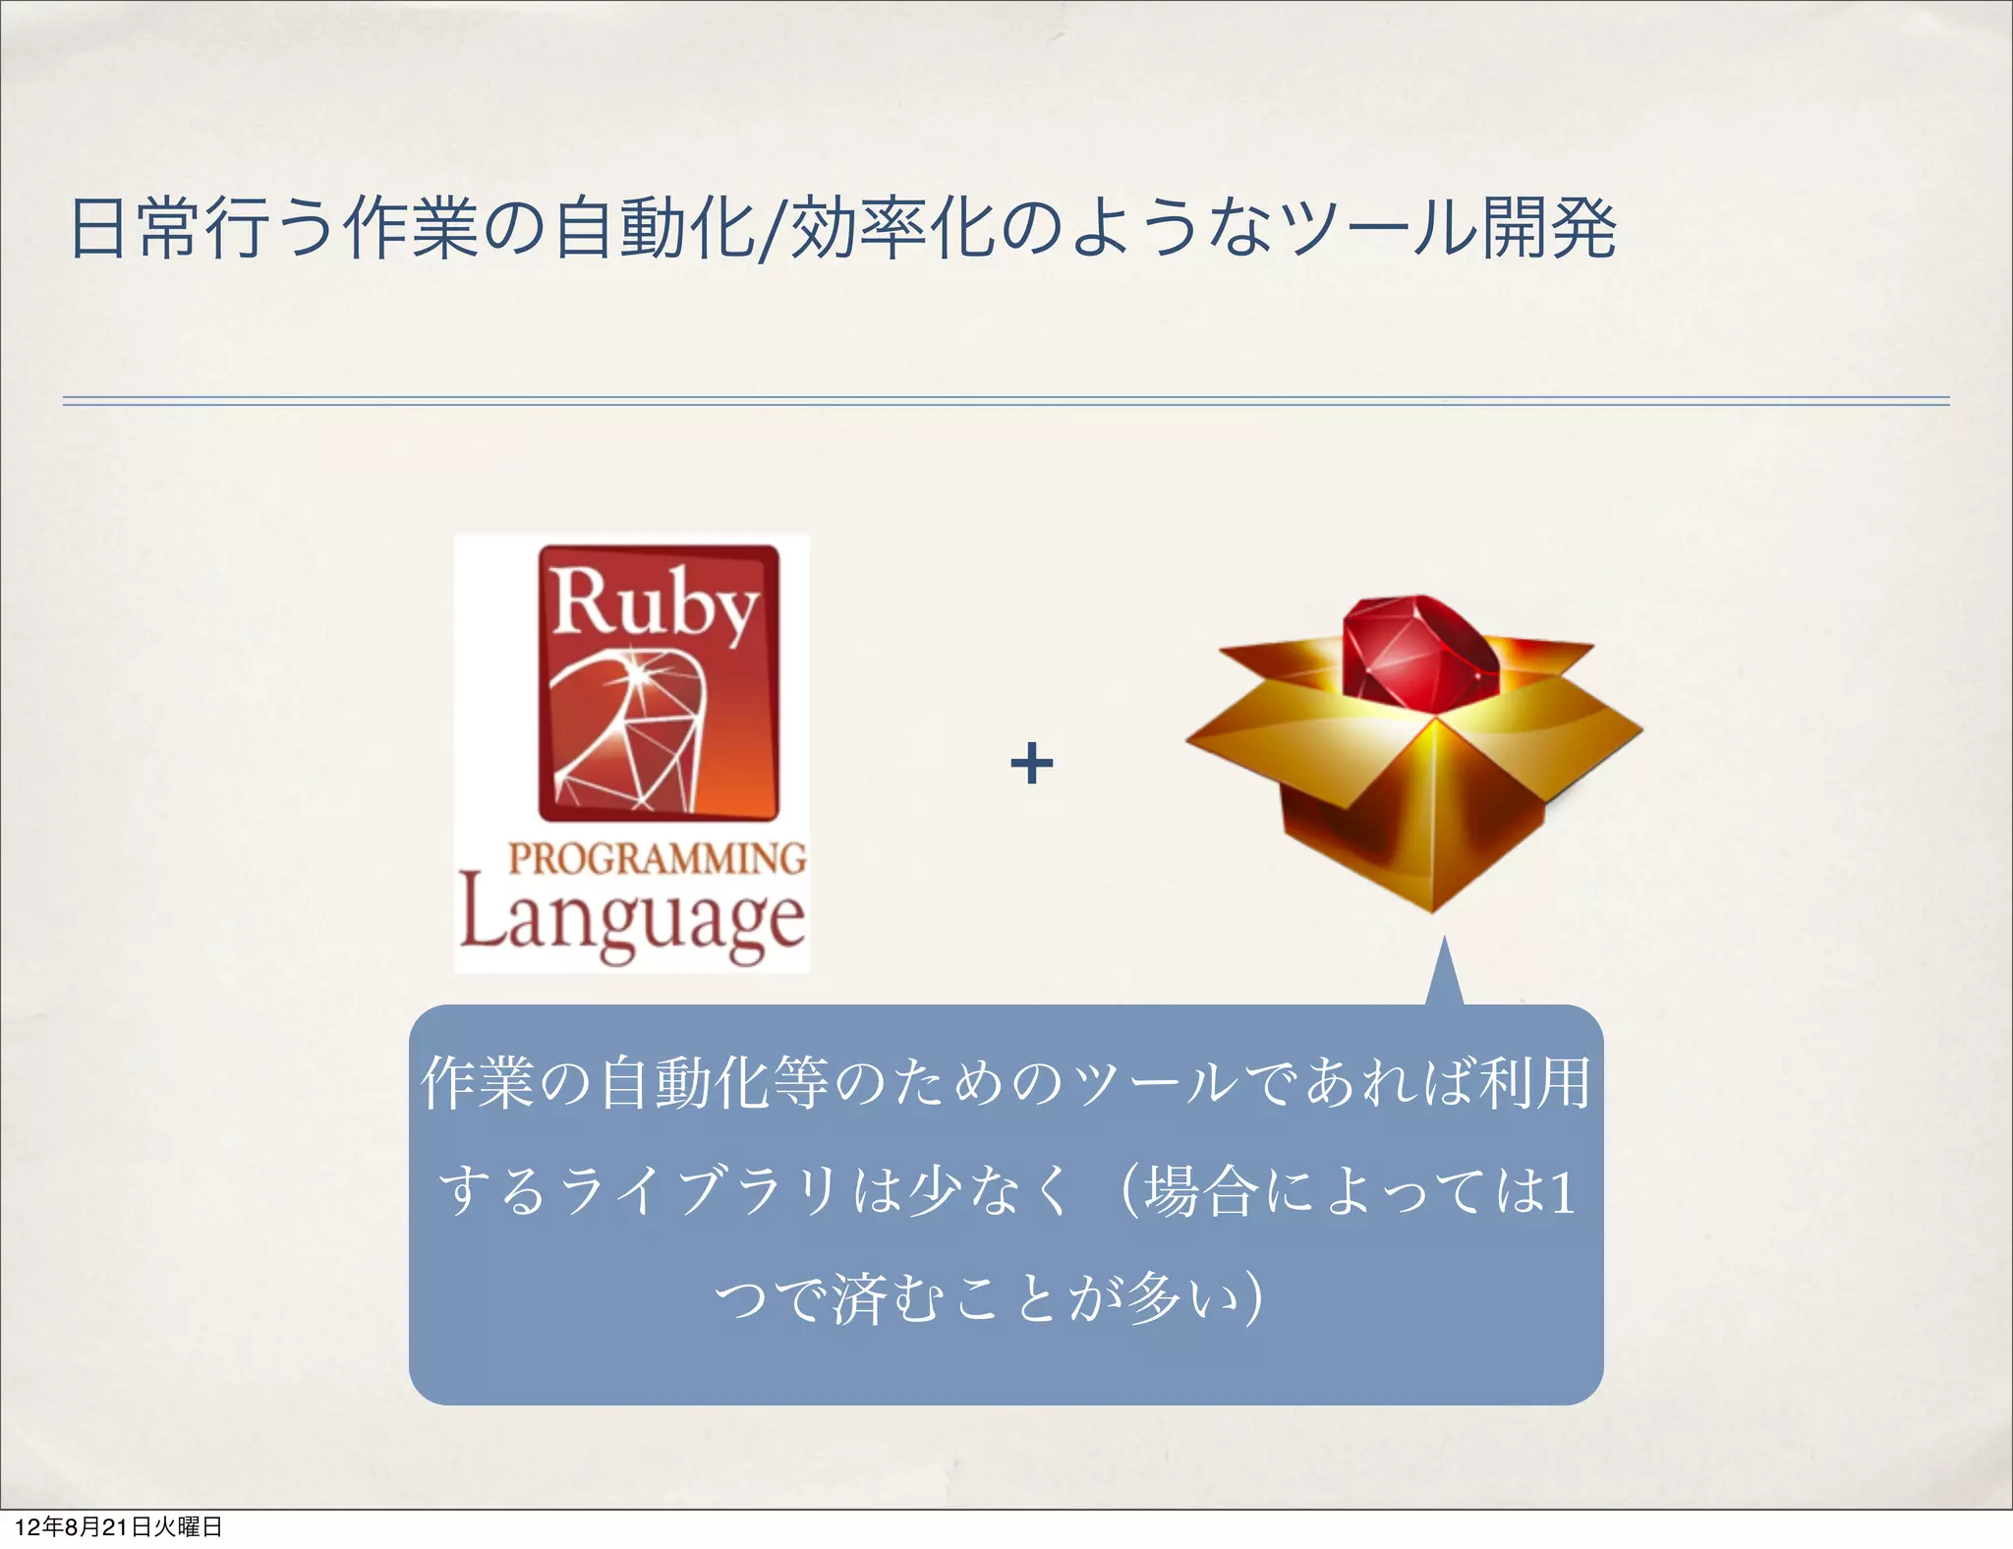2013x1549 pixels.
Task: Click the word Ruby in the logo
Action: coord(655,602)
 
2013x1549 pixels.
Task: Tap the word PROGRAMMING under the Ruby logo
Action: coord(657,858)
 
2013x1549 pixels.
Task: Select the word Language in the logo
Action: coord(632,920)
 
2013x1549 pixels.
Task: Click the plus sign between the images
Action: coord(1031,764)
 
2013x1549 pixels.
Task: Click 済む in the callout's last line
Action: coord(889,1298)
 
